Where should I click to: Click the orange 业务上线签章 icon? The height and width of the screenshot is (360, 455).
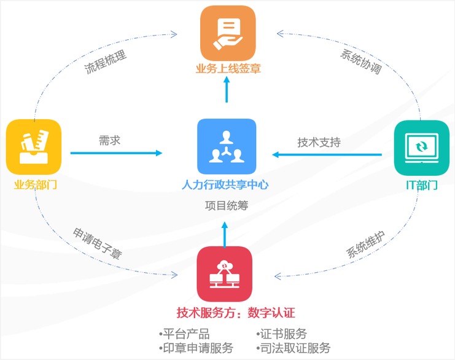(x=227, y=33)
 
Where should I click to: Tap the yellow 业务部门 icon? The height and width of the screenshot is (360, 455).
(x=34, y=147)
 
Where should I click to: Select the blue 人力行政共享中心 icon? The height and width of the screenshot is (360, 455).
(x=226, y=146)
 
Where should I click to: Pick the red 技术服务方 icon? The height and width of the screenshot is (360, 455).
(x=225, y=274)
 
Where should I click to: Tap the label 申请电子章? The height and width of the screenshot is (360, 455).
(x=97, y=243)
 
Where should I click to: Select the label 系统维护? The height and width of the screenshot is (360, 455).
(x=365, y=244)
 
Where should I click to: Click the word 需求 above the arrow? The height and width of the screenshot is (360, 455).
(x=109, y=140)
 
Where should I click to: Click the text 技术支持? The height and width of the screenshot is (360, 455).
(x=319, y=142)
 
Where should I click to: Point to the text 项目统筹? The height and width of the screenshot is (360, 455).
(x=226, y=206)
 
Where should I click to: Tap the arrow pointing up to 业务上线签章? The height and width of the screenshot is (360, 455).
(x=227, y=90)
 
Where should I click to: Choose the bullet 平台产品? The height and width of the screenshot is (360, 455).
(x=185, y=334)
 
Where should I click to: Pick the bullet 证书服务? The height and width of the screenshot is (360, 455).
(x=282, y=334)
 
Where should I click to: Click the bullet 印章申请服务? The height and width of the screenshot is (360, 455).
(x=196, y=348)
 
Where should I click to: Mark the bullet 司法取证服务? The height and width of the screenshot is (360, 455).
(x=294, y=348)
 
